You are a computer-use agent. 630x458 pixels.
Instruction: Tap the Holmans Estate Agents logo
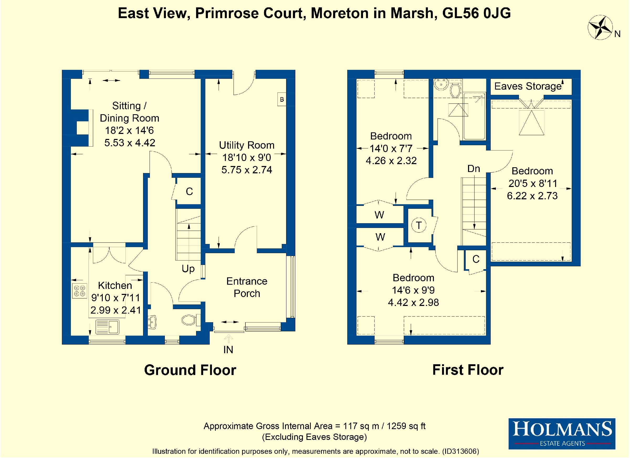click(x=562, y=434)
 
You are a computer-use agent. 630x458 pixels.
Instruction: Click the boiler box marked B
click(x=282, y=99)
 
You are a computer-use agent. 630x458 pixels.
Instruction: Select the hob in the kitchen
click(x=80, y=291)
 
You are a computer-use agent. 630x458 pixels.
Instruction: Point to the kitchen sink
click(x=108, y=327)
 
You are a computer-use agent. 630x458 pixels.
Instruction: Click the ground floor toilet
click(x=191, y=320)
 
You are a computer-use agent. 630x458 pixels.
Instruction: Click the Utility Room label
click(x=247, y=145)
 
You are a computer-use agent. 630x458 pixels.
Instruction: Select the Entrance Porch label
click(x=247, y=287)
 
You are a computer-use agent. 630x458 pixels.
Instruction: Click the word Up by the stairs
click(x=188, y=269)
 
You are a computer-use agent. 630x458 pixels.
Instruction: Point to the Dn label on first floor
click(x=474, y=169)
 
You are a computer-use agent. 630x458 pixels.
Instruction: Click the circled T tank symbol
click(x=419, y=225)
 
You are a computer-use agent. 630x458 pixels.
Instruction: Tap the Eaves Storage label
click(x=528, y=86)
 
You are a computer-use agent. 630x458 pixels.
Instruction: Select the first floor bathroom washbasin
click(x=441, y=85)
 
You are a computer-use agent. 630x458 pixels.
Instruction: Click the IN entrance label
click(x=228, y=350)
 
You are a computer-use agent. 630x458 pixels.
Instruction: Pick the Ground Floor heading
click(x=190, y=370)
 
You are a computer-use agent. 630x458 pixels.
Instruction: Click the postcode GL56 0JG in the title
click(x=476, y=13)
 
